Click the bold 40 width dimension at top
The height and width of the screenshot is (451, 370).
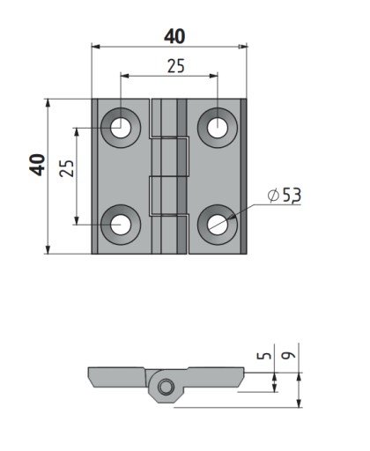coord(174,36)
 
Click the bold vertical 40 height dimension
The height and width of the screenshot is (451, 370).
coord(37,165)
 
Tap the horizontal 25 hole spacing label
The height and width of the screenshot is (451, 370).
coord(176,66)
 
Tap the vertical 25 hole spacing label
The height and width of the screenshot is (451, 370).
coord(67,168)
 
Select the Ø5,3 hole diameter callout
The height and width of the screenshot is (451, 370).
coord(285,196)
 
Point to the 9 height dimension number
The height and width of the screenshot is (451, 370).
coord(288,355)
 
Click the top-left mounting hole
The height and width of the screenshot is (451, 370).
coord(121,128)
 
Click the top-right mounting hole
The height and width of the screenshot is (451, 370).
coord(218,128)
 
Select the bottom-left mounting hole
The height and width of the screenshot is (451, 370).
coord(121,225)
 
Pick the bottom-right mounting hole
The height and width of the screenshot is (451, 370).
coord(218,225)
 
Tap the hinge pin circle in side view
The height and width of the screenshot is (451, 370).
coord(166,387)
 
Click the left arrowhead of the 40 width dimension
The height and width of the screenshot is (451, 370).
coord(96,47)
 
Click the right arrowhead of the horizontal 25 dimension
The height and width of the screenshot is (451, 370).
coord(213,76)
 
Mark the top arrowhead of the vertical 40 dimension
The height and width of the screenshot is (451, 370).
coord(48,103)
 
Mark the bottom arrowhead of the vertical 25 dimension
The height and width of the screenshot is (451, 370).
coord(77,220)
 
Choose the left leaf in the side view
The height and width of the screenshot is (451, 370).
coord(117,377)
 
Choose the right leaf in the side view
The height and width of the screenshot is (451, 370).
coord(214,377)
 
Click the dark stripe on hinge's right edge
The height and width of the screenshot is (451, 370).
coord(243,176)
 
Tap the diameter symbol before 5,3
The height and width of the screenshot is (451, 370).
coord(273,196)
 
